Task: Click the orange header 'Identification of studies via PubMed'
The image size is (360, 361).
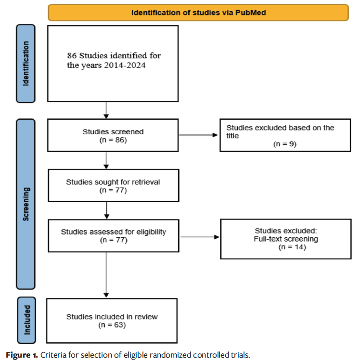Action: point(198,13)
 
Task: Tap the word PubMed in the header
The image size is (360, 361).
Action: point(251,13)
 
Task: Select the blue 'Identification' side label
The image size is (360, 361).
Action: point(26,63)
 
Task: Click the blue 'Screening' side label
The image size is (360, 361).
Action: point(26,204)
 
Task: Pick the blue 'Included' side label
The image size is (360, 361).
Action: point(26,320)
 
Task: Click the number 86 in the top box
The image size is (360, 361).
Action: point(72,56)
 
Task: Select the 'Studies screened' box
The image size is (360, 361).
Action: point(113,135)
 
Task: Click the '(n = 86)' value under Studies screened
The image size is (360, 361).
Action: point(113,139)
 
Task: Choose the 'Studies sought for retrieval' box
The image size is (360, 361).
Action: point(113,185)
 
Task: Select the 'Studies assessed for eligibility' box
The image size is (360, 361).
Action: point(113,235)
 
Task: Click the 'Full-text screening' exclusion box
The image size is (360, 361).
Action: point(286,239)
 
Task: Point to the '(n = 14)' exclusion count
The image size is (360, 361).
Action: point(291,247)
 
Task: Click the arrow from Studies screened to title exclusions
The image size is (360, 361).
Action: point(198,135)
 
